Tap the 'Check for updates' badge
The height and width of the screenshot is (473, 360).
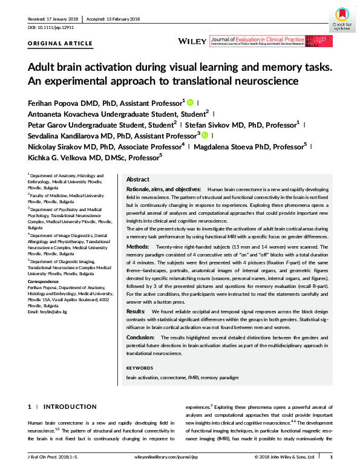point(342,18)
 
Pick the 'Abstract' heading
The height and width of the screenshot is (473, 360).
point(138,180)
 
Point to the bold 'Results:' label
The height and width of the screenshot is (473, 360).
point(136,311)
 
